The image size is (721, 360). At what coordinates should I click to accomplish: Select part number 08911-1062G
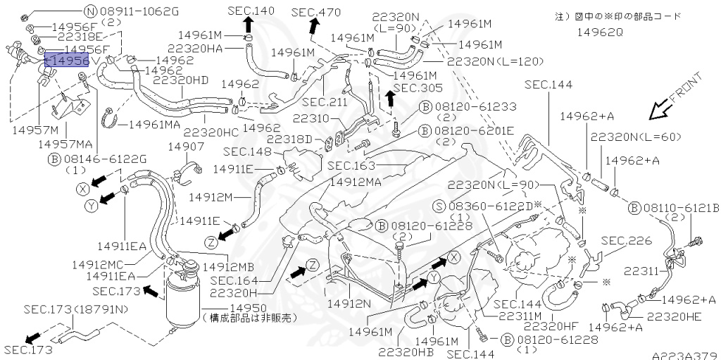[x=139, y=11]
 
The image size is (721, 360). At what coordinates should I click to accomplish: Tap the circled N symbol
[x=90, y=11]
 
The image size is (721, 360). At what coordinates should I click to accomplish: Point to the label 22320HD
[x=180, y=81]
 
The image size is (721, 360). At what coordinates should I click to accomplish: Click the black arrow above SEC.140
[x=248, y=25]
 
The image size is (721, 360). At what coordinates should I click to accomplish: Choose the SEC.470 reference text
[x=315, y=11]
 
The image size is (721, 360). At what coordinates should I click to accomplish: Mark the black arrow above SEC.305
[x=389, y=99]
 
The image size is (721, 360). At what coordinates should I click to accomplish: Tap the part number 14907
[x=186, y=147]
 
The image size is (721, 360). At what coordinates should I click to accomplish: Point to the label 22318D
[x=289, y=139]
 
